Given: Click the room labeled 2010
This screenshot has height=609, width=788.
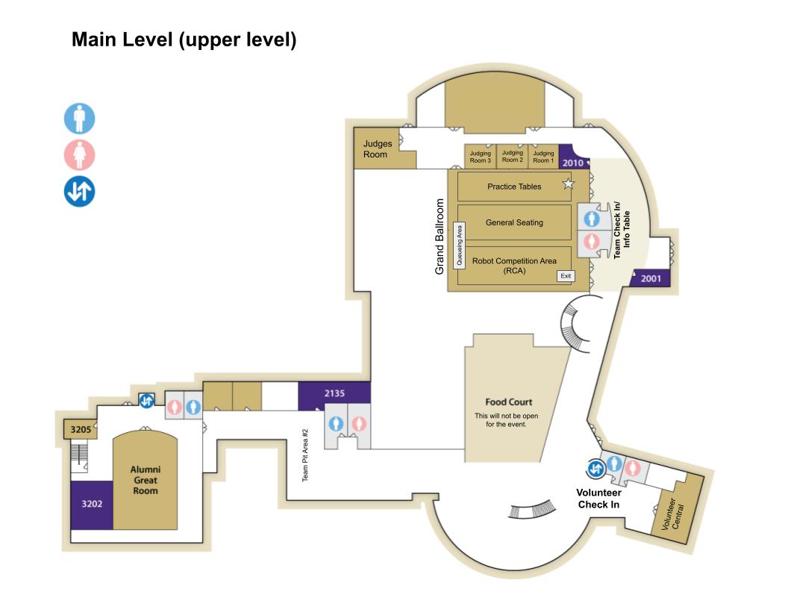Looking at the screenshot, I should [x=573, y=162].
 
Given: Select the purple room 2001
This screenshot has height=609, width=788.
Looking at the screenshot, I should [x=651, y=278].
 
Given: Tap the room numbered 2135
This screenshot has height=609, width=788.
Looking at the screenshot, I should [x=334, y=393].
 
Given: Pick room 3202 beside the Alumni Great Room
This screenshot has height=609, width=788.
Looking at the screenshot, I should [x=92, y=504].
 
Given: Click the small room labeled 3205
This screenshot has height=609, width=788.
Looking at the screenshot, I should [x=80, y=430].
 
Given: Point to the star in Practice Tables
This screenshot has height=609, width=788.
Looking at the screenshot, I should [x=569, y=184].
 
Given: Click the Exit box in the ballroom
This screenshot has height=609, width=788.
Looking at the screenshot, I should [x=566, y=276].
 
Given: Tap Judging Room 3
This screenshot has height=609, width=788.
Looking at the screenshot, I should [x=481, y=157].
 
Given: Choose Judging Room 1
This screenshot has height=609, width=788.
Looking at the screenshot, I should [x=543, y=157].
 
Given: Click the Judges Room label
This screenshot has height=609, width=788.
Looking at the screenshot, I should [x=377, y=149].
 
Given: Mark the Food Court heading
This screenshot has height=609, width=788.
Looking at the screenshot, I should [x=508, y=402].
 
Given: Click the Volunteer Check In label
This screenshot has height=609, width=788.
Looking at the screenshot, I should [x=598, y=499].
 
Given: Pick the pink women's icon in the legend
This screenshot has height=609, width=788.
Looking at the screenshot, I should [x=79, y=155].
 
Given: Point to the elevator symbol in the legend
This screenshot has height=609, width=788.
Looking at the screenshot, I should [x=79, y=191].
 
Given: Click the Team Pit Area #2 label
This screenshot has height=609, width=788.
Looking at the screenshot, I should [x=305, y=455].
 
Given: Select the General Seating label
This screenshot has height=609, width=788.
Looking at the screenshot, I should [x=514, y=222].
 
